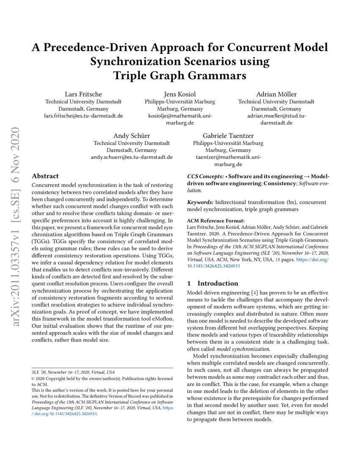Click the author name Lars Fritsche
[x=83, y=94]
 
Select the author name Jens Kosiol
[x=180, y=94]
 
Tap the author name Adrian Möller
[x=276, y=94]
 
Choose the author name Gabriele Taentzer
[x=228, y=136]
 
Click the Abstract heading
[x=45, y=176]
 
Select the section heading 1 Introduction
[x=213, y=283]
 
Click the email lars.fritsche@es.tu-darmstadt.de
[x=83, y=116]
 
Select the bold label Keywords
[x=200, y=202]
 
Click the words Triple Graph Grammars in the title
[x=180, y=76]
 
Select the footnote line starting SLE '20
[x=69, y=372]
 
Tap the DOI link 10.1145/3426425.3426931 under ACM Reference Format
[x=213, y=266]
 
